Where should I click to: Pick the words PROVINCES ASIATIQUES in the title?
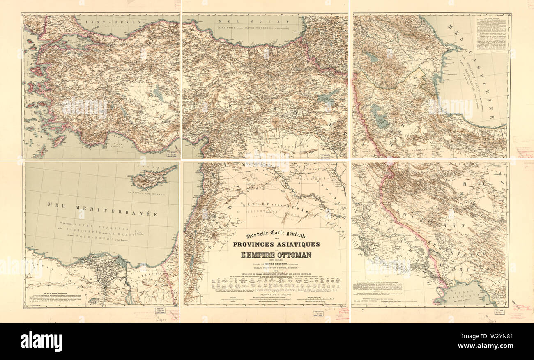click(x=276, y=245)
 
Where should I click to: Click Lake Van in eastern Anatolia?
click(x=327, y=99)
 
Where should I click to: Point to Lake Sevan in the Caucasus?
click(x=372, y=57)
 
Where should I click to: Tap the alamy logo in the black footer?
click(x=41, y=342)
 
